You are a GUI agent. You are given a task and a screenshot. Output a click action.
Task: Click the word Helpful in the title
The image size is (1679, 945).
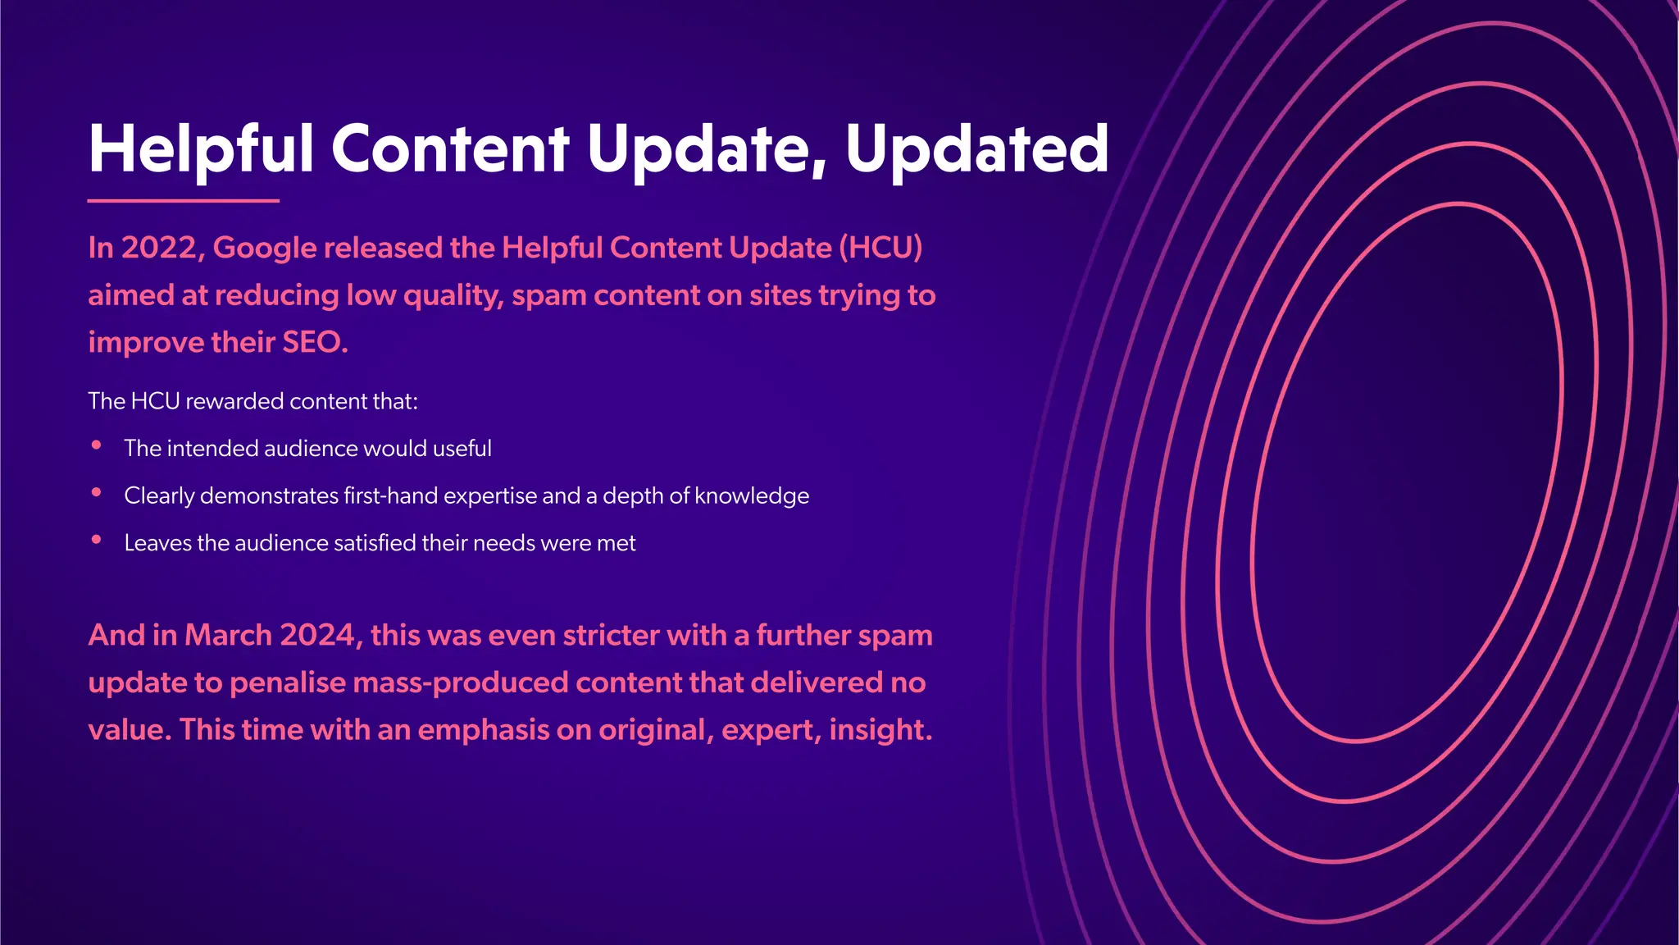[201, 149]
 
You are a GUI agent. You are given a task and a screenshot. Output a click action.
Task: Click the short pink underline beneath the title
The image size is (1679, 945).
[183, 200]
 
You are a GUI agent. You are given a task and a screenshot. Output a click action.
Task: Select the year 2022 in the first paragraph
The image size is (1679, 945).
[158, 248]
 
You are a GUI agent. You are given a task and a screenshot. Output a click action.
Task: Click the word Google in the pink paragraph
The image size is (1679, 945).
[264, 248]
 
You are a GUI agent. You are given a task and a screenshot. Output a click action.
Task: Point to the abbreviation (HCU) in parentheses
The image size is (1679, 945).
[880, 248]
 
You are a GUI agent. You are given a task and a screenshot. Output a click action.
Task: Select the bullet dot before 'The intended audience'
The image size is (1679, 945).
[97, 445]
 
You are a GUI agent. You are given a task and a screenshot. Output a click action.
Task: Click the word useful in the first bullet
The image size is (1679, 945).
[462, 449]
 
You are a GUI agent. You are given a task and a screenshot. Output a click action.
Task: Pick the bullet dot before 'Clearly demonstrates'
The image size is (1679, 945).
[97, 492]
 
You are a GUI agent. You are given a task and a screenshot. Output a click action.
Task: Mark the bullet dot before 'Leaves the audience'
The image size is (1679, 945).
[97, 540]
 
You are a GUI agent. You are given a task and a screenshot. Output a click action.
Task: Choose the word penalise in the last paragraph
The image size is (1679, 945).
[288, 683]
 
